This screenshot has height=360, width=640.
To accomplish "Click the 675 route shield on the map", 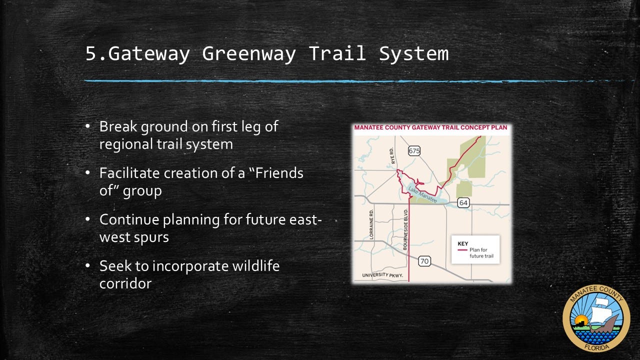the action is point(414,151).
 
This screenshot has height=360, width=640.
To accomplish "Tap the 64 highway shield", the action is point(463,203).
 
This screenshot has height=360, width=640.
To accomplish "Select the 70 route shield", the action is point(424,261).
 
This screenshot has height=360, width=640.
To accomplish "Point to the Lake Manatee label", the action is point(422,194).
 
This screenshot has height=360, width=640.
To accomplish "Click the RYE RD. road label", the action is point(392,155).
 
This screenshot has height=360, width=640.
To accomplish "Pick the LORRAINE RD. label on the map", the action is point(371,224).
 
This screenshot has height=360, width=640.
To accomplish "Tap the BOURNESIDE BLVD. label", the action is point(405,229).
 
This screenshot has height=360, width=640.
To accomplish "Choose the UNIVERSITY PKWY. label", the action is point(382,275).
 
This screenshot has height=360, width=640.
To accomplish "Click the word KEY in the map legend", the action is point(463,243).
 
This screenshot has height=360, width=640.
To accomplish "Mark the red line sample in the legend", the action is point(462,250).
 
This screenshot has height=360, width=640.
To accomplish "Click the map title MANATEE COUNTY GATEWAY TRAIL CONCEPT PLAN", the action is point(431,127).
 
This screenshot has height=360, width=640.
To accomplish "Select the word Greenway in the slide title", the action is point(249,53).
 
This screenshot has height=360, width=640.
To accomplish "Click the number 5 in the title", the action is point(90,53).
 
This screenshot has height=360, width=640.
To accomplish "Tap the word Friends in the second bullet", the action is point(279,173).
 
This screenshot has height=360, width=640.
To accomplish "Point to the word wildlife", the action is point(255,265).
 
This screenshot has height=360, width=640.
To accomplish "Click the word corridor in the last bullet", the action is point(125,283).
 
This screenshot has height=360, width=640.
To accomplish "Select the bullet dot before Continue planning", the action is point(87,219).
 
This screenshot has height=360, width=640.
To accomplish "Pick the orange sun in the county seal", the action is point(581,320).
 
